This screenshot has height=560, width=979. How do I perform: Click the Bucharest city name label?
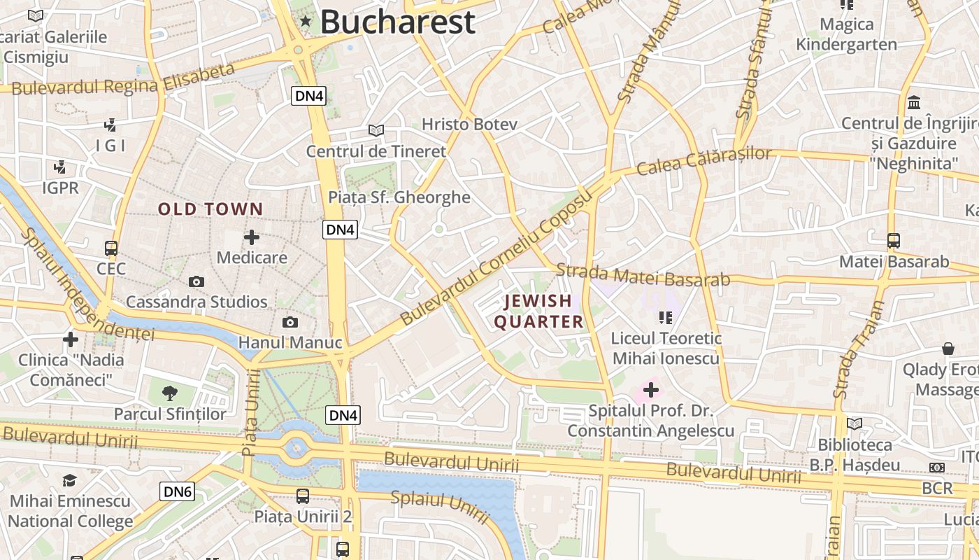(398, 22)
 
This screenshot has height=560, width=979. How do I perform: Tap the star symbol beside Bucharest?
(306, 21)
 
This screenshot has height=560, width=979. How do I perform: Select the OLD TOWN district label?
(210, 209)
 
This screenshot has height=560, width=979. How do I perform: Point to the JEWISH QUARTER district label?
(538, 311)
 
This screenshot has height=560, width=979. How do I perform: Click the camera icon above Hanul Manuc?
(290, 322)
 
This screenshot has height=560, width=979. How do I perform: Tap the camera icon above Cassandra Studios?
(196, 281)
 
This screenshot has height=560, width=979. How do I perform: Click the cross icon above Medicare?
(252, 237)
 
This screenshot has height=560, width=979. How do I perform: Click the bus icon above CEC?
(110, 248)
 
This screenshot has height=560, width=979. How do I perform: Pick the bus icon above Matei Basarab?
(893, 241)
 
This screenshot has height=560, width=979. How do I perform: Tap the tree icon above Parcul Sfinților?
(169, 393)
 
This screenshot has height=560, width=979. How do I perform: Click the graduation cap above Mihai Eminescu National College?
(69, 480)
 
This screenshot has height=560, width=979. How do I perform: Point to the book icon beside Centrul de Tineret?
(376, 130)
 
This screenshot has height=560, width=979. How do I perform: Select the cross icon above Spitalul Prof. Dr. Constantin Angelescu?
(651, 389)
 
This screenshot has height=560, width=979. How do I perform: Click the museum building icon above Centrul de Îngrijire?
(913, 103)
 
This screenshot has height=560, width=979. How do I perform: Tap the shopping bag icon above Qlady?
(948, 348)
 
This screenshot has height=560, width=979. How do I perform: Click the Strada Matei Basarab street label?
(643, 275)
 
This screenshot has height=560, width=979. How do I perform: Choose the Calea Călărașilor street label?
(704, 161)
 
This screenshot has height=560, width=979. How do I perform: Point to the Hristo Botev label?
(469, 125)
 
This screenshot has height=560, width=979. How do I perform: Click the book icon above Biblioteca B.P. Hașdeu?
(854, 423)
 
